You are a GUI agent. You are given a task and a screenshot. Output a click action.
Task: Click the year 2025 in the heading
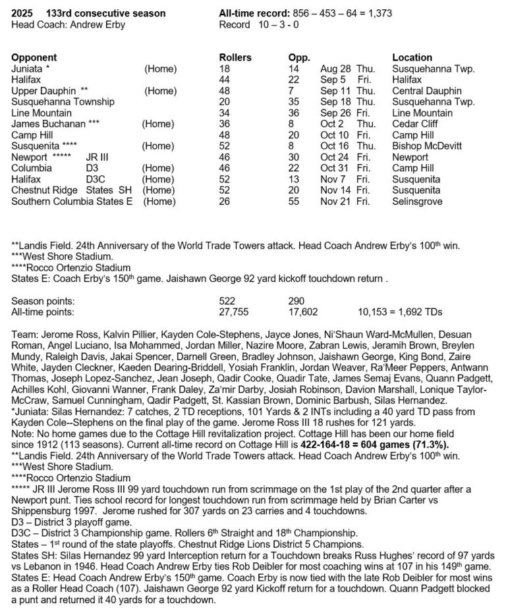[23, 14]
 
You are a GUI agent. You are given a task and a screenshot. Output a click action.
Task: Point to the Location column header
[412, 58]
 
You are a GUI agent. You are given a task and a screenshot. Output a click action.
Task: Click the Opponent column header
[34, 58]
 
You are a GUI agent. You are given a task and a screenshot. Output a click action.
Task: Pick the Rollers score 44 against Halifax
[225, 80]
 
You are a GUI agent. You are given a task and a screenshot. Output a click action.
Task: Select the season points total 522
[227, 301]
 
